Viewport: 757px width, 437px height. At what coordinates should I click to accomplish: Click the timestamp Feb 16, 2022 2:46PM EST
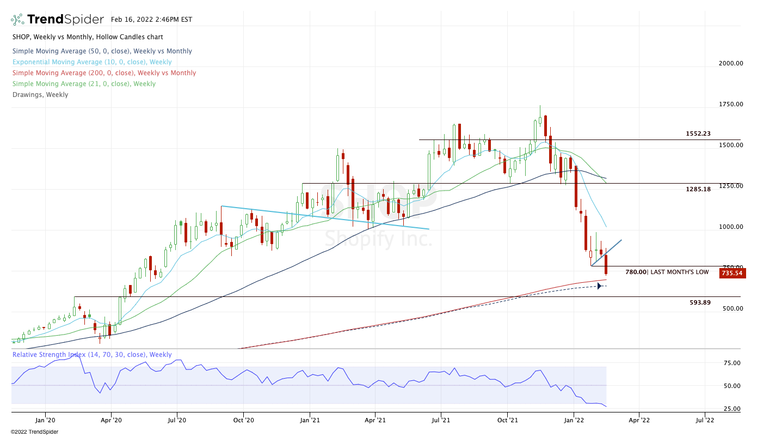click(x=151, y=19)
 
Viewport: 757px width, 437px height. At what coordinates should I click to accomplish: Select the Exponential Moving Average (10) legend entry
click(x=92, y=62)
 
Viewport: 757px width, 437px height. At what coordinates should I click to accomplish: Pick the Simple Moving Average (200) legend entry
click(x=104, y=73)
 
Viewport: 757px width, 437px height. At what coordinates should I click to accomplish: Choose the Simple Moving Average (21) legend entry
click(x=84, y=84)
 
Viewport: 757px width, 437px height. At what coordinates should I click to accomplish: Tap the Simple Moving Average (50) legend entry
click(x=102, y=51)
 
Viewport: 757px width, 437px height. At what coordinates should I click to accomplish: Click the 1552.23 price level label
click(x=698, y=133)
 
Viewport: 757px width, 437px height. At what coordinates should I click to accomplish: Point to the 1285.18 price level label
click(x=698, y=189)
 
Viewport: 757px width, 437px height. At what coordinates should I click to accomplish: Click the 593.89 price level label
click(x=700, y=302)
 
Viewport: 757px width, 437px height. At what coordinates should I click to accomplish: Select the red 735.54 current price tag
click(x=731, y=272)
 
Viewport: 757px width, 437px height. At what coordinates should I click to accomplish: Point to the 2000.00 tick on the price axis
click(x=731, y=63)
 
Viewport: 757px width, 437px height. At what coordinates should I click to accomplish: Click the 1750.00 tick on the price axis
click(x=731, y=104)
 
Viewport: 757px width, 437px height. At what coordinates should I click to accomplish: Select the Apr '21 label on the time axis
click(x=375, y=420)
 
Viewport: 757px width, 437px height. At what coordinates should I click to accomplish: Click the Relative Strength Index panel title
click(x=92, y=355)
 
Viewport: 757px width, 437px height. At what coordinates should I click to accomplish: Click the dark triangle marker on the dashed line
click(x=599, y=286)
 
